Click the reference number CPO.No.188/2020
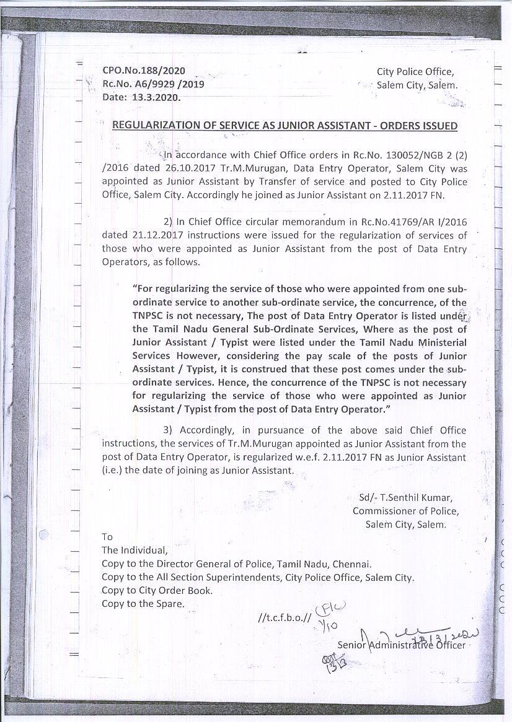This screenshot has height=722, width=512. [x=143, y=71]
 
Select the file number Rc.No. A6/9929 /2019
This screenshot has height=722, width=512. [x=153, y=84]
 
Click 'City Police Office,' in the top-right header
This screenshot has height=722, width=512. [x=415, y=72]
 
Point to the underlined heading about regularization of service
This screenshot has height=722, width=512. [x=285, y=126]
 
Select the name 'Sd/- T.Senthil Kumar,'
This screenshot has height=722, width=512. [x=406, y=498]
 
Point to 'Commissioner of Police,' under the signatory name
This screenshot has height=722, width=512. [x=405, y=511]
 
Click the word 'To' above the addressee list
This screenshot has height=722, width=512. [x=107, y=537]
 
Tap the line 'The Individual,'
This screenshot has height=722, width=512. [x=135, y=550]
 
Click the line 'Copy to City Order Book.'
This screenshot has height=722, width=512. [x=157, y=590]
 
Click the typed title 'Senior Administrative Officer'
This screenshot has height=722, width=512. [x=401, y=645]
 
